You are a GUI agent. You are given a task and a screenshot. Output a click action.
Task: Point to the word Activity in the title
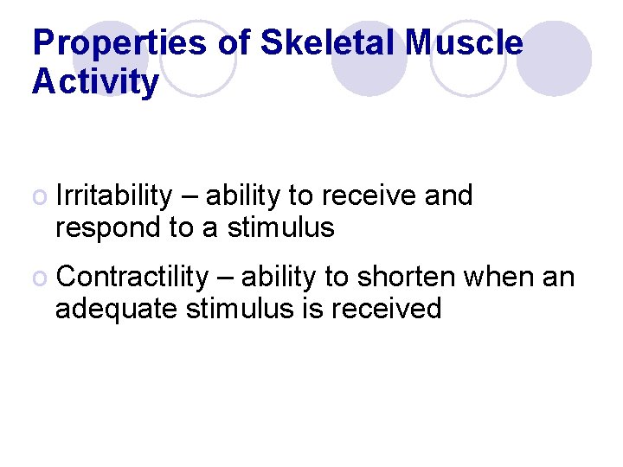[95, 83]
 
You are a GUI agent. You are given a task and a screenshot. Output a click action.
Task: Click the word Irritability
[113, 197]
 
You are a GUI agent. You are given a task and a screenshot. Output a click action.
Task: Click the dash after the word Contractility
[224, 278]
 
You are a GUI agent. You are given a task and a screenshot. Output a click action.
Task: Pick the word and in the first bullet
[448, 197]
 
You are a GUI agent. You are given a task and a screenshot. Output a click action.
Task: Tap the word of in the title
[233, 42]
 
